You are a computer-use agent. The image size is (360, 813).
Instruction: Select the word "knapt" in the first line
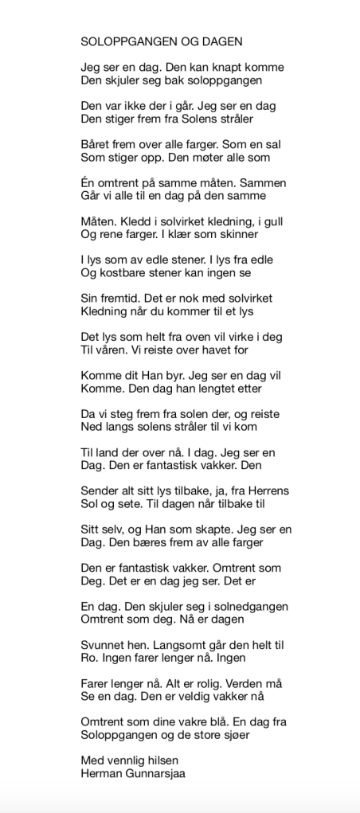[x=217, y=67]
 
